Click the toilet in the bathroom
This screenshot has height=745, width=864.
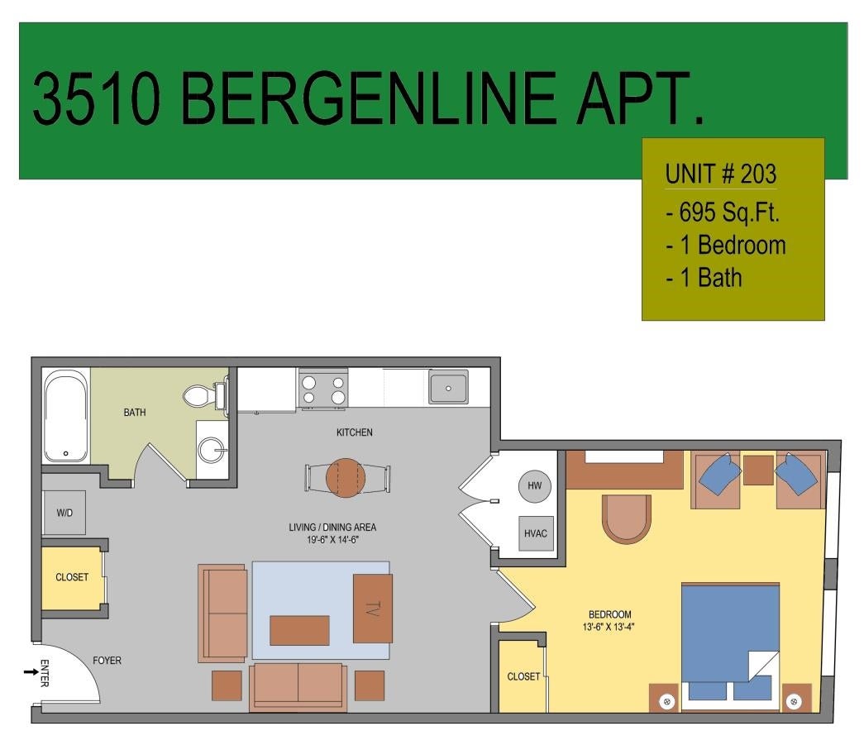click(205, 394)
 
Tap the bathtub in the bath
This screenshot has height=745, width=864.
click(66, 415)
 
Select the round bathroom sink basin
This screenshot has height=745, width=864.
click(212, 450)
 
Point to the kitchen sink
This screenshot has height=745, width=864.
click(448, 387)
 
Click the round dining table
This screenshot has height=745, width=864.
click(346, 478)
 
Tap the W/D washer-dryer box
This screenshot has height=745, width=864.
click(64, 513)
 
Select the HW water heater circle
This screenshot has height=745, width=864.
click(534, 486)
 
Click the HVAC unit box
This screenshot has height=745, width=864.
click(536, 533)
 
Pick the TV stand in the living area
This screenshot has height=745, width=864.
click(373, 609)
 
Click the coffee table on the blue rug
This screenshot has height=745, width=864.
click(300, 630)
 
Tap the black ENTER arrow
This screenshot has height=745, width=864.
click(31, 671)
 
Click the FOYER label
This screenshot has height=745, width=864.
click(107, 660)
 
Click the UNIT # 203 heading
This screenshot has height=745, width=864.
click(721, 174)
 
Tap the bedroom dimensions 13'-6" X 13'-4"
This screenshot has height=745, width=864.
click(609, 627)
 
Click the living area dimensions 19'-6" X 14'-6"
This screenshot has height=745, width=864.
click(333, 539)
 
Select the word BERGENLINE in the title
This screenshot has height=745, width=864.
click(369, 99)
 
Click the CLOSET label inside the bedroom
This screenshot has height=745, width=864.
click(523, 676)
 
